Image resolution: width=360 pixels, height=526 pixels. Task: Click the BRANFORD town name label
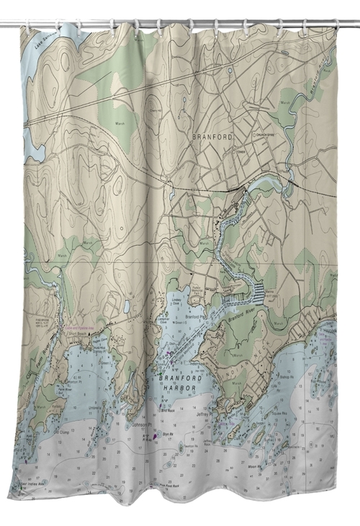[x=212, y=135]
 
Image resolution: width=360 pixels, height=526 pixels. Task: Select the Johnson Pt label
[x=143, y=425]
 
